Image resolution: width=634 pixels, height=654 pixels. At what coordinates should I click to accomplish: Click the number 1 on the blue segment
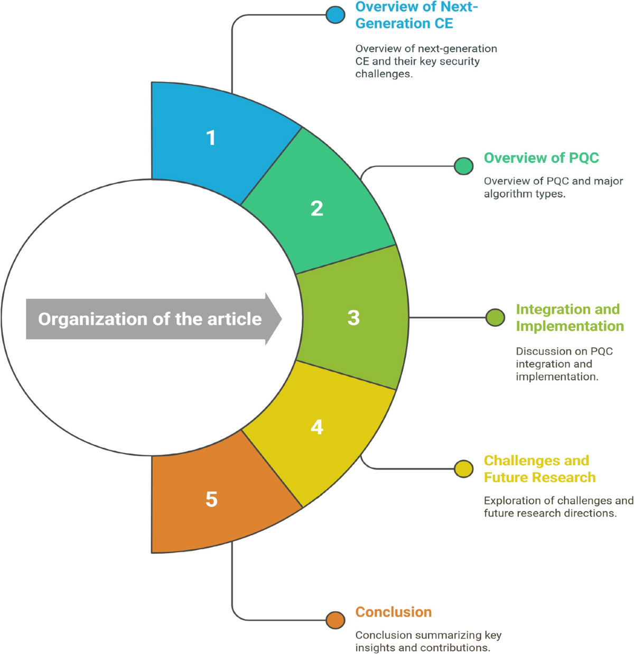tap(211, 138)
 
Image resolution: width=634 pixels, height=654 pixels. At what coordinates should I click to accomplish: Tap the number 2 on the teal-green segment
tap(316, 208)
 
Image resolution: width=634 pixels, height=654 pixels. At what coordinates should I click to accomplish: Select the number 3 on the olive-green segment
tap(353, 317)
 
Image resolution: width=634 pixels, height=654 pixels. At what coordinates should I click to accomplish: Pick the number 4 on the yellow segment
tap(316, 427)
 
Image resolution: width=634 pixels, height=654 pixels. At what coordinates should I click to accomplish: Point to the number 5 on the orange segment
tap(211, 499)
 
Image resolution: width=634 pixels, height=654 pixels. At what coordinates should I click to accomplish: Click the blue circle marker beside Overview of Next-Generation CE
tap(335, 14)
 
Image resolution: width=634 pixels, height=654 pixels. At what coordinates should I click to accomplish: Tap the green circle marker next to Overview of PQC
tap(463, 165)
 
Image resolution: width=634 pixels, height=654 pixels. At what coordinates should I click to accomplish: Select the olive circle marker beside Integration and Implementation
tap(495, 317)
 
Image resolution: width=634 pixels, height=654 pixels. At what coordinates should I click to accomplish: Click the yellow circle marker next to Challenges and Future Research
tap(463, 468)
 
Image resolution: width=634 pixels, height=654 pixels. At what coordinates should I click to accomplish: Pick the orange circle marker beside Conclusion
tap(335, 620)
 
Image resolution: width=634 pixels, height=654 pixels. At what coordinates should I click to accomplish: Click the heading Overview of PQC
tap(541, 158)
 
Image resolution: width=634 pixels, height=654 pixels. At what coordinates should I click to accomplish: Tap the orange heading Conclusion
tap(393, 612)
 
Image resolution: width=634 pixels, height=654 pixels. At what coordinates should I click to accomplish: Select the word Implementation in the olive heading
tap(570, 326)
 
